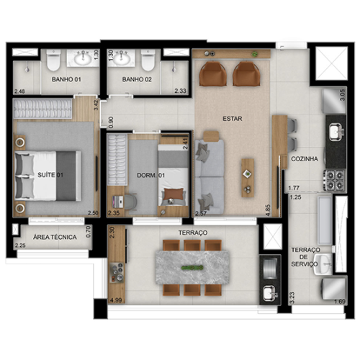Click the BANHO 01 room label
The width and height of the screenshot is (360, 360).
tap(66, 79)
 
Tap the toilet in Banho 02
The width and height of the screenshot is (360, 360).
tap(148, 60)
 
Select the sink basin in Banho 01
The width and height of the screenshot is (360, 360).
tap(83, 58)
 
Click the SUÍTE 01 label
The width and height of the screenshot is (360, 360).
tap(50, 175)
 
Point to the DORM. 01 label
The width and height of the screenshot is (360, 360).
tap(150, 176)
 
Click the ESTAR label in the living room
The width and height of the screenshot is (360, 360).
tap(233, 119)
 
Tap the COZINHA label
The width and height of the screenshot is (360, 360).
tap(305, 159)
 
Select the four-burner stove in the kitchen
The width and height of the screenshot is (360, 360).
tap(335, 180)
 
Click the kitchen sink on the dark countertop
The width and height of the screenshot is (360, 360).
tap(336, 132)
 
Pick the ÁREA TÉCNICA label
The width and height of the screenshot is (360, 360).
tap(55, 238)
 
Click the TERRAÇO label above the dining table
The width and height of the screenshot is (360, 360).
tap(193, 233)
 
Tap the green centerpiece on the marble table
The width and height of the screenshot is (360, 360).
tap(192, 268)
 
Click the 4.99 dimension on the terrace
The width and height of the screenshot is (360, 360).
tap(116, 300)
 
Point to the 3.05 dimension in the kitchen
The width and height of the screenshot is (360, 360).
tap(343, 95)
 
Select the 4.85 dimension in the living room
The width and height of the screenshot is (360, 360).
tap(268, 210)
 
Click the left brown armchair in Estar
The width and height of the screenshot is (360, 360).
tap(213, 73)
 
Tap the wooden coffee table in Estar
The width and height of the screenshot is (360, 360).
tap(248, 178)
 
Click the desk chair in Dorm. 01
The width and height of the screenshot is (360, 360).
tap(131, 202)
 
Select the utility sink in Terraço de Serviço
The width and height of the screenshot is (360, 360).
tap(323, 264)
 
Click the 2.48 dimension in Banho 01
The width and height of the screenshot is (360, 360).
tap(19, 91)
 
